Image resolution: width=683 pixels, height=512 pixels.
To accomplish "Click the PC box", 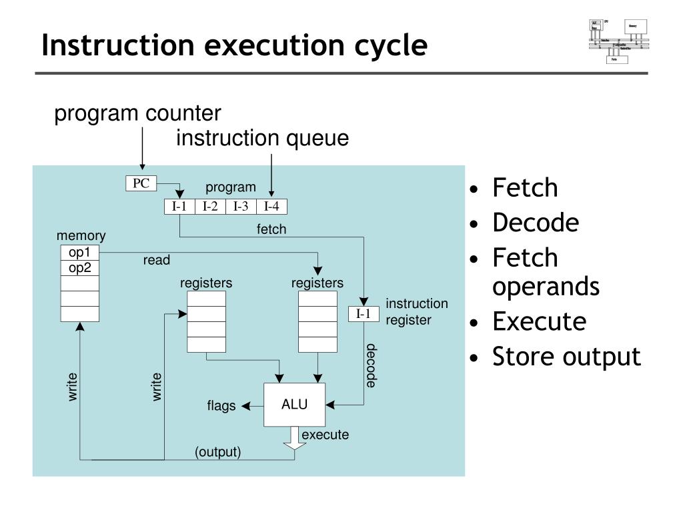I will coord(141,183).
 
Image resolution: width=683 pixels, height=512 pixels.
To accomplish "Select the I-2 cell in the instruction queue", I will coord(210,207).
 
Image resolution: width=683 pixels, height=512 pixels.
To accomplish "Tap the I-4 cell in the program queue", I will coord(271,207).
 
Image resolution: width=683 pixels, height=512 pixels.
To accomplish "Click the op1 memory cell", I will coord(79,253).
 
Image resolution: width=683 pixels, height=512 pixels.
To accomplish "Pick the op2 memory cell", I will coord(79,268).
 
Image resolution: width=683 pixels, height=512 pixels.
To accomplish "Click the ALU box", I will coord(294,405).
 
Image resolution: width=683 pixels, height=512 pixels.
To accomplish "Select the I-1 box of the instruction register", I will coord(364,313).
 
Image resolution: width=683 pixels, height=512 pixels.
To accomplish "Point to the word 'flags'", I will coord(221,405).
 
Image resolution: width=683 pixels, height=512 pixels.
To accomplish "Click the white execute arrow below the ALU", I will coord(294,438).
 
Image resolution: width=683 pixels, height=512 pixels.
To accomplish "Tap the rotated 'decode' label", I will coord(372,365).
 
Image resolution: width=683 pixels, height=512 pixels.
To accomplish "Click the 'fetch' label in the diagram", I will coord(271,229).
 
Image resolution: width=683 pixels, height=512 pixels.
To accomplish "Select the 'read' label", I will coord(157,261).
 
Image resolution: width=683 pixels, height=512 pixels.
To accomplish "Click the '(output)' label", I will coord(217,452).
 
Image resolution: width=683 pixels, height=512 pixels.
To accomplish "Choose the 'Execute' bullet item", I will coord(539,321).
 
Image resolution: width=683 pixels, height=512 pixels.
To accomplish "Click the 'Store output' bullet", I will coord(566,356).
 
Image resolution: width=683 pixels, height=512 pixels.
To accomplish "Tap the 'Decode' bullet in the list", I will coord(536,223).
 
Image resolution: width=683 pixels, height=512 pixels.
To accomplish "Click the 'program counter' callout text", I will coord(137,114).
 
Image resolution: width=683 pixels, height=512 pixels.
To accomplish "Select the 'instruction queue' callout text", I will coord(262,139).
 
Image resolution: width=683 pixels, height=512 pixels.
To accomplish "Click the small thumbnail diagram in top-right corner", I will coord(618,41).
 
